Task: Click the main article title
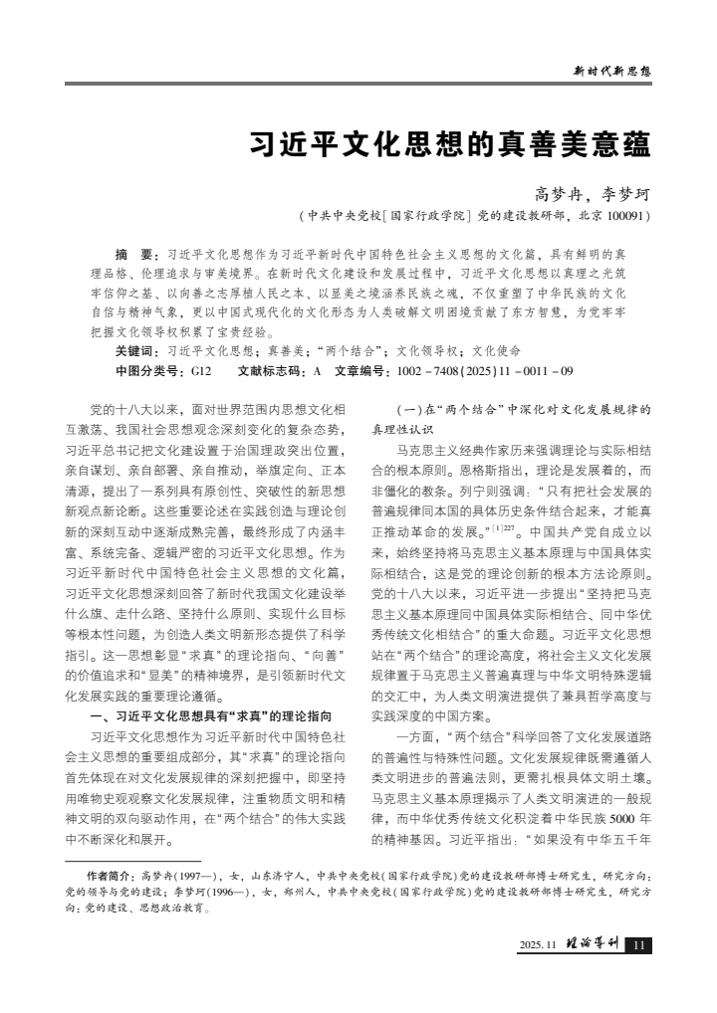click(x=449, y=145)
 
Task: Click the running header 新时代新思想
click(x=612, y=71)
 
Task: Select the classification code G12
click(x=201, y=370)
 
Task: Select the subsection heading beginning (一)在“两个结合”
click(x=510, y=410)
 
